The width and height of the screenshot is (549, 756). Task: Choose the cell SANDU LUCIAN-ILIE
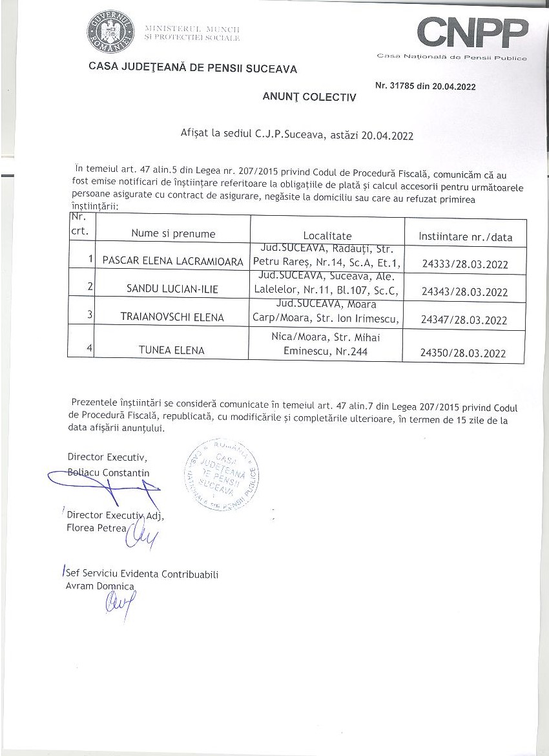click(172, 289)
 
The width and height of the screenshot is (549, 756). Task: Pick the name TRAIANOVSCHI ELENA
click(172, 317)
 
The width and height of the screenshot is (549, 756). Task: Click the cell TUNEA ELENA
click(172, 350)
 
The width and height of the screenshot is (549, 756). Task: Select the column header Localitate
click(327, 236)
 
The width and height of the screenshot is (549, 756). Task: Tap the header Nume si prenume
click(173, 234)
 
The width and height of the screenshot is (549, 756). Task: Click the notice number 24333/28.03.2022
click(464, 264)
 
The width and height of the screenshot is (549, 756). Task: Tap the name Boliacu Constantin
click(109, 472)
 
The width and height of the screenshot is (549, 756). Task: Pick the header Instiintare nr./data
click(465, 237)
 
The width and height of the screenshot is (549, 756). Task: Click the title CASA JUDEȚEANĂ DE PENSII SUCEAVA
click(193, 68)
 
